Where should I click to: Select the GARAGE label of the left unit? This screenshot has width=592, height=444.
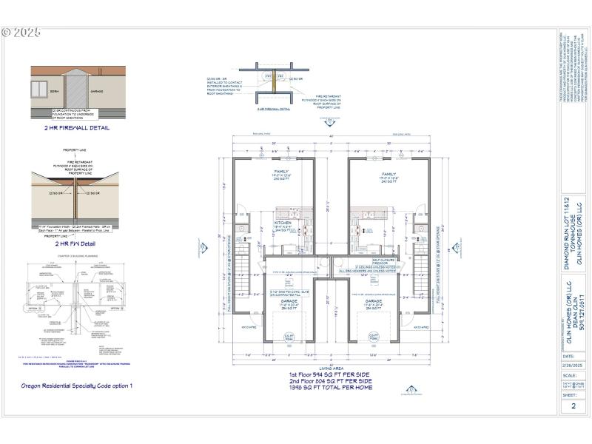tap(289, 302)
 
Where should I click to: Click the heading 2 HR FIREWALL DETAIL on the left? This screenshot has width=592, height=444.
tap(77, 127)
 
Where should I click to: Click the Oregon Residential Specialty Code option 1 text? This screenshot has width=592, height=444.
tap(77, 386)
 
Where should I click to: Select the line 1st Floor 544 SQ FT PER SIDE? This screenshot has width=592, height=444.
tap(330, 375)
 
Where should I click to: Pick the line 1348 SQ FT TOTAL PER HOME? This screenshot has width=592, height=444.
tap(330, 387)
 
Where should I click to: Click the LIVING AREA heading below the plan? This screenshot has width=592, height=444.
tap(330, 369)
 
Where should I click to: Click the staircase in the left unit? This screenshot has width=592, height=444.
tap(243, 266)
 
